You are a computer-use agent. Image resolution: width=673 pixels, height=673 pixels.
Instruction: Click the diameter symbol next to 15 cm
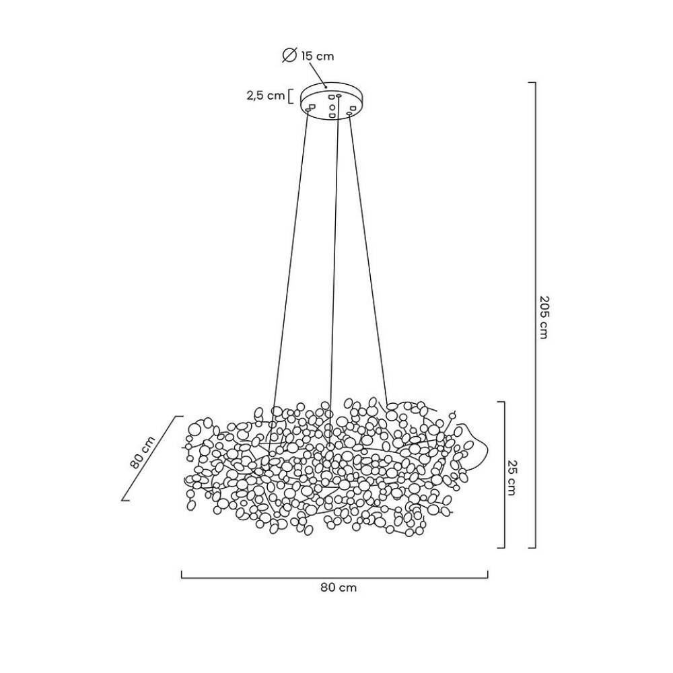click(289, 55)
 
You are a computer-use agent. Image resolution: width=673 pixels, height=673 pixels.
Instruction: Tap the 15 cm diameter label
click(317, 57)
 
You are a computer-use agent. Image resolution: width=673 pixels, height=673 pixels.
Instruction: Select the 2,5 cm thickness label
click(266, 96)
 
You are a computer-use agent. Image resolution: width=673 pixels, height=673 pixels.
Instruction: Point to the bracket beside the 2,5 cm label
click(290, 96)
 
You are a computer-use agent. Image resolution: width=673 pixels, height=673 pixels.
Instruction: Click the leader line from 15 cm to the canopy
click(318, 75)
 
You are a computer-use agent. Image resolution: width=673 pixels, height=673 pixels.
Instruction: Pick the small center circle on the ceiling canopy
click(332, 106)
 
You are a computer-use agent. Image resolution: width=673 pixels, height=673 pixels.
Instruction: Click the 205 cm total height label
click(543, 317)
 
